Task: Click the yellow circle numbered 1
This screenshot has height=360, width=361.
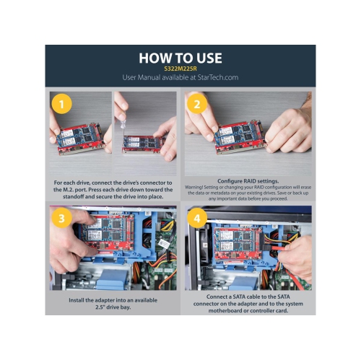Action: [x=61, y=104]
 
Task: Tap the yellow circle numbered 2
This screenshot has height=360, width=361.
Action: [x=197, y=104]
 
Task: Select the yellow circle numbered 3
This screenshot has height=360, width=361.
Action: [x=61, y=218]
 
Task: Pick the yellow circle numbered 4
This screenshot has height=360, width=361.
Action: [x=197, y=219]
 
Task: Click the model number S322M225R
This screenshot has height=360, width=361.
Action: [x=180, y=69]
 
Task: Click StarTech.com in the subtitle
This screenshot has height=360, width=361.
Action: [x=218, y=77]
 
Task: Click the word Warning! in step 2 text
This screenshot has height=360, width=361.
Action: [x=193, y=187]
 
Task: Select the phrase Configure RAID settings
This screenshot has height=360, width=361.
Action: [x=248, y=181]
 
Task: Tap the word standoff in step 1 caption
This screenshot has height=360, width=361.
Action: [x=73, y=196]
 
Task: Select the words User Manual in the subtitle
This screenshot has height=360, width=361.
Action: [x=142, y=77]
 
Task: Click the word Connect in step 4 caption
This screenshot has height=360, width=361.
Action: [x=217, y=297]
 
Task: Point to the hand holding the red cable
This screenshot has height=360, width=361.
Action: [x=295, y=255]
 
